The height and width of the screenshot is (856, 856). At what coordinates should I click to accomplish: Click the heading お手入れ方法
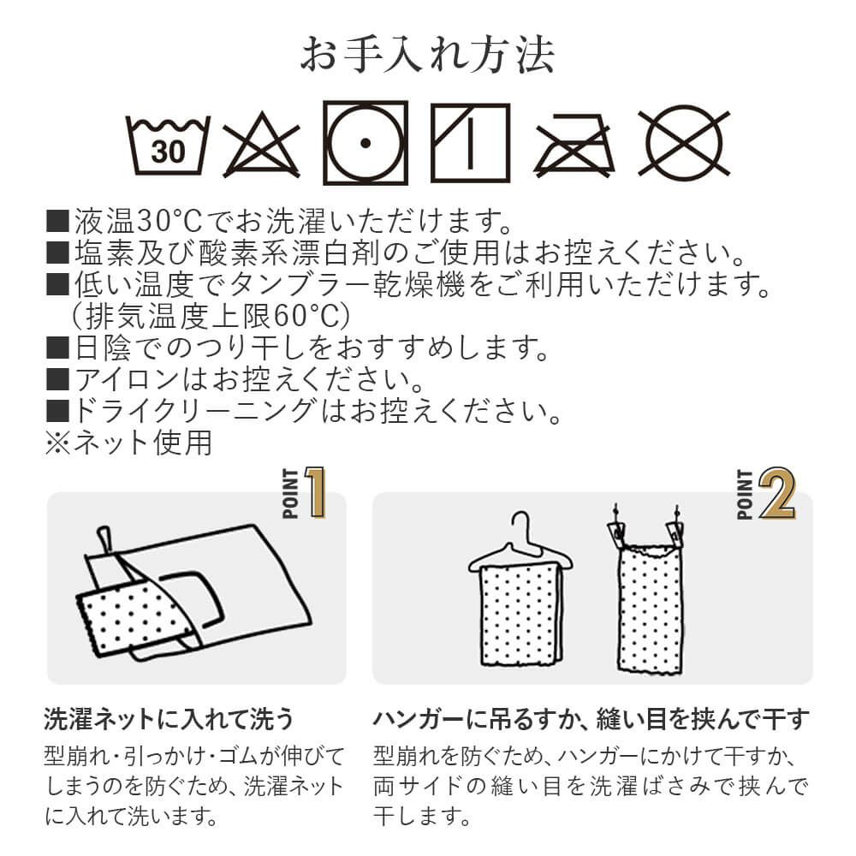pos(428,55)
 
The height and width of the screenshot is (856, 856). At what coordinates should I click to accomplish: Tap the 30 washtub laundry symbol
pos(168,146)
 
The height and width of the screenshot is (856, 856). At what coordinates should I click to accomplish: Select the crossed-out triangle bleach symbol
pos(261,146)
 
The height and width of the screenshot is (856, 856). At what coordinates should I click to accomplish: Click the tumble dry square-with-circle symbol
pos(366,143)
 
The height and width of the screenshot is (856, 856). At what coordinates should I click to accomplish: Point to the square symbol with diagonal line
pos(471,143)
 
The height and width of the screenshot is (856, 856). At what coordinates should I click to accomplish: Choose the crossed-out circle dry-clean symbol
pos(684,144)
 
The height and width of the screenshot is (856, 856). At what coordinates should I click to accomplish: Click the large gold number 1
pos(316,492)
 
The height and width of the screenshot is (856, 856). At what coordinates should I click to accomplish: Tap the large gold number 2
pos(777,493)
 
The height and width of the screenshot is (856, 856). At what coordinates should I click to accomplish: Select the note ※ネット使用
pos(129,442)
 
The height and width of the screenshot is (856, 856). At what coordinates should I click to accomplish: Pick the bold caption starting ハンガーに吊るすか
pos(591,719)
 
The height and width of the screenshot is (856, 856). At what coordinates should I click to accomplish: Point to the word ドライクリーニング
pos(193,410)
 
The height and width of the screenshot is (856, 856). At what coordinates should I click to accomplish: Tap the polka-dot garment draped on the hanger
pos(520,615)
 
